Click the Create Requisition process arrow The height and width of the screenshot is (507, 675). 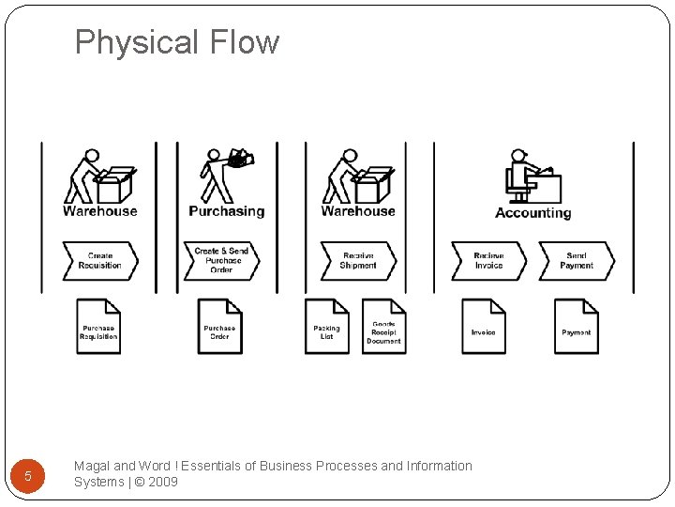point(100,261)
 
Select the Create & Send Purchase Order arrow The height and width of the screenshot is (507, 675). point(221,261)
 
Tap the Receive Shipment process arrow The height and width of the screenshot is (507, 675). point(358,261)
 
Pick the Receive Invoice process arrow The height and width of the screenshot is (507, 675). point(488,261)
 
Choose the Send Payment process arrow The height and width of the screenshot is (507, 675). point(577,261)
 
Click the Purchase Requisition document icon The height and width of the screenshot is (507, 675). point(98,326)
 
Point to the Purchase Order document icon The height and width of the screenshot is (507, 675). point(219,326)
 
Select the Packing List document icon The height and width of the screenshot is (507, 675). point(327,326)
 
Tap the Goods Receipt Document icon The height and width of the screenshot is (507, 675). point(383,326)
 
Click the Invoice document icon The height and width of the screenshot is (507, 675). point(484,326)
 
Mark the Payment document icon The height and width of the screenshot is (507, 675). point(577,326)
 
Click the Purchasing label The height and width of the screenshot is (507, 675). point(227,211)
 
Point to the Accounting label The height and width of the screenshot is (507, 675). point(532,213)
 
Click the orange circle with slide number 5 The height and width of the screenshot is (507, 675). point(28,476)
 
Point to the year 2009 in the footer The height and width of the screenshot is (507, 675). point(162,482)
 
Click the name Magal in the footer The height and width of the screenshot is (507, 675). point(92,466)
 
